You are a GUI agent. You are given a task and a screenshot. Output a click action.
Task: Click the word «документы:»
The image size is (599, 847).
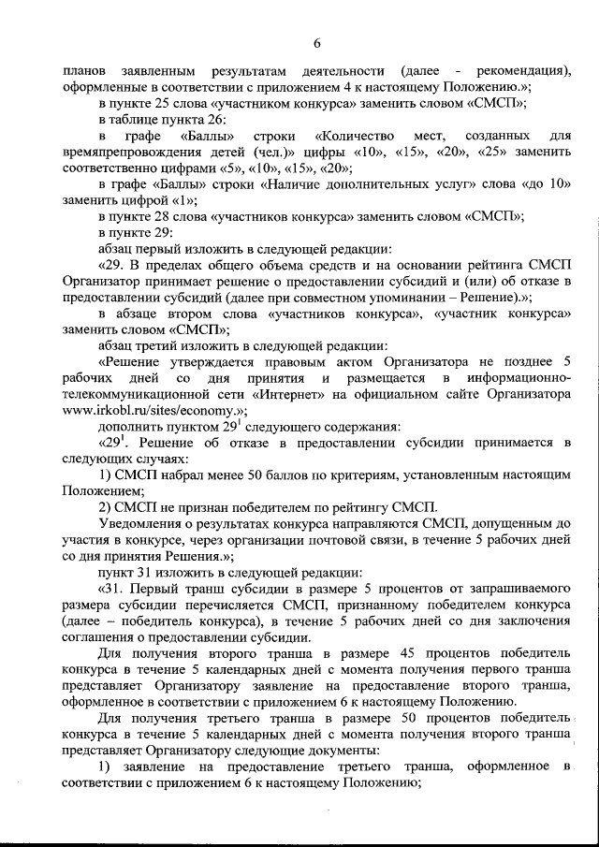coord(345,751)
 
